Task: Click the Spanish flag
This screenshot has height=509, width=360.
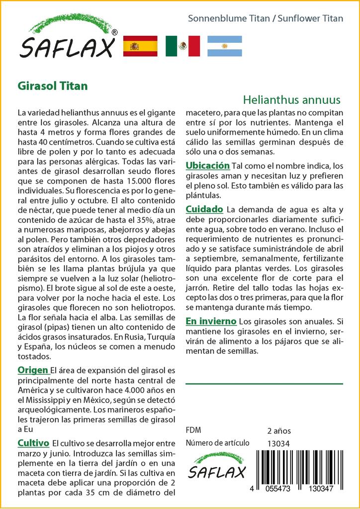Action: point(140,46)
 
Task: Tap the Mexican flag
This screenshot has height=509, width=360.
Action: point(182,46)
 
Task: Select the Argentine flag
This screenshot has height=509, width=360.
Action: point(224,46)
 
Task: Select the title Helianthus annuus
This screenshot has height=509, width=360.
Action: point(292,99)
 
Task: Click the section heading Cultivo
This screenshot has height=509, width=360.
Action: point(33,443)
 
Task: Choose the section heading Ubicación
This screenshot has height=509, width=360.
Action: point(207,166)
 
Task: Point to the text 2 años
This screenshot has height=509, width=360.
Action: point(279,430)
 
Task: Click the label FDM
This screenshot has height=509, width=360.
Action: point(193,430)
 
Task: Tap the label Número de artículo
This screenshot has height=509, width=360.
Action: point(217,443)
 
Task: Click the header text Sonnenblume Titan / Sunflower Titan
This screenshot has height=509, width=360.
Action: point(266,18)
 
